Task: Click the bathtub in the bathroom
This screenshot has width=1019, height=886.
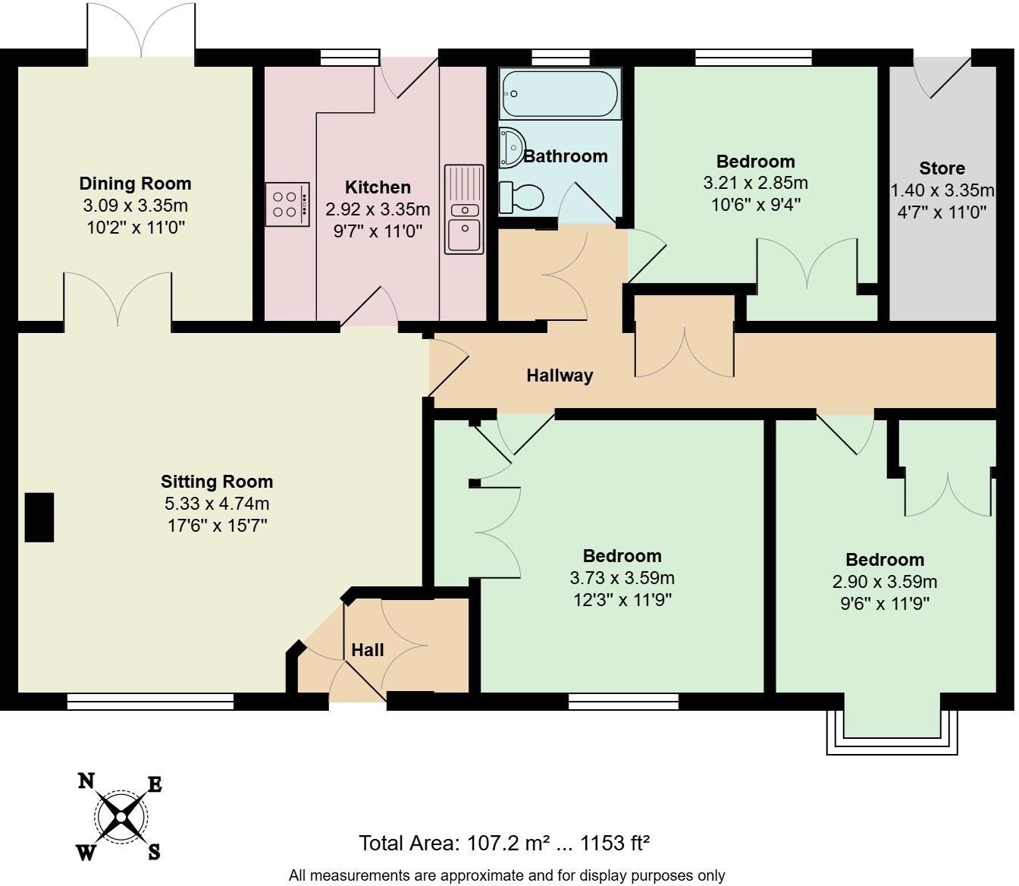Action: (x=560, y=93)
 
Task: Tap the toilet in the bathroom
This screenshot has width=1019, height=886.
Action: (x=522, y=198)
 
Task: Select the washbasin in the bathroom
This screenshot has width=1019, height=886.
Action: (x=512, y=146)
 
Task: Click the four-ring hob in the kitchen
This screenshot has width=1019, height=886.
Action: (x=287, y=204)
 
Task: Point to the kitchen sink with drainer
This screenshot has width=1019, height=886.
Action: (x=464, y=209)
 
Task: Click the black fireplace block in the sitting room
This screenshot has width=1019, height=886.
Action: (x=39, y=517)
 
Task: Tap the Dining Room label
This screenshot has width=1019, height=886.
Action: (x=135, y=184)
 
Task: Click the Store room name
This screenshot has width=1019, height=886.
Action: (x=942, y=168)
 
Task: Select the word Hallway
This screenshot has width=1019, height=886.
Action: (x=560, y=375)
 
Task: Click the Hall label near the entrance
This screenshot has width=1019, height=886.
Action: (x=368, y=650)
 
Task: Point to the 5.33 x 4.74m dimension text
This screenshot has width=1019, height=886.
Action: (x=217, y=504)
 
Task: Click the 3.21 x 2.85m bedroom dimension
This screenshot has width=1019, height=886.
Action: (x=755, y=183)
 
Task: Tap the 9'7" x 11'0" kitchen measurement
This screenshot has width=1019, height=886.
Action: (x=378, y=231)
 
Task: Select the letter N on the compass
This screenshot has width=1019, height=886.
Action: (x=86, y=781)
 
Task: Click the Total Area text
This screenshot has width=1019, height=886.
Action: (x=504, y=843)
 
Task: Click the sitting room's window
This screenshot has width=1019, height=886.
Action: (x=150, y=702)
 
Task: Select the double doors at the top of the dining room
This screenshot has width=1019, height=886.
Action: (x=141, y=30)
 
